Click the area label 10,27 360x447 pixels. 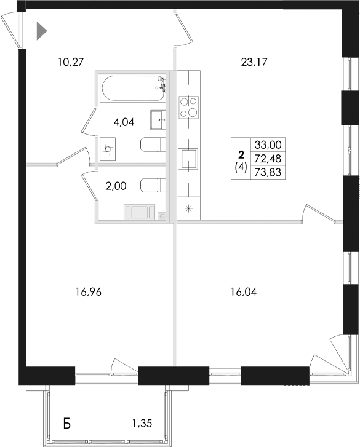(70, 61)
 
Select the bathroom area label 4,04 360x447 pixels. (123, 121)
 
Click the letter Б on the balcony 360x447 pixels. (68, 423)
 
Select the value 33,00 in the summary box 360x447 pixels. (267, 145)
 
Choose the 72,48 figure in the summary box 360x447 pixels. (267, 159)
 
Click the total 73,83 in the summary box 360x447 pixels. (267, 172)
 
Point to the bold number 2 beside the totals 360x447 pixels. (241, 154)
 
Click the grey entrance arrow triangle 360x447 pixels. (41, 31)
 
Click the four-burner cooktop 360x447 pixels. (188, 107)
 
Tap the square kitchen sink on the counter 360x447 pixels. (187, 158)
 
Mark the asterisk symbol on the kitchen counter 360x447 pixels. (188, 208)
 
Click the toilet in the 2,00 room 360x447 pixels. (151, 185)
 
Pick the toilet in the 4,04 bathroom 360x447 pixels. (152, 146)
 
